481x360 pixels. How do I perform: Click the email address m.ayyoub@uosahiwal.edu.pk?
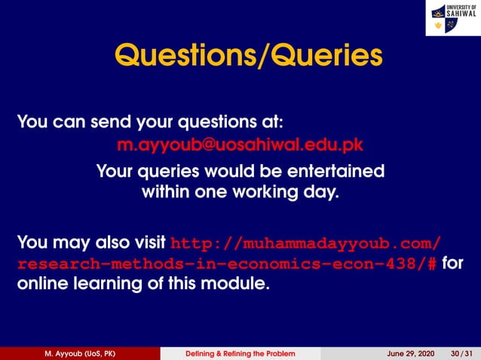[x=240, y=144]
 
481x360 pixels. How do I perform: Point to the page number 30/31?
[x=461, y=354]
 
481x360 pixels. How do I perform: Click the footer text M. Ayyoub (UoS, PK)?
[x=79, y=354]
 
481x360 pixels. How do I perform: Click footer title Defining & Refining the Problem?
[x=240, y=354]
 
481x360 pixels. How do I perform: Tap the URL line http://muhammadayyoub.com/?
[x=306, y=243]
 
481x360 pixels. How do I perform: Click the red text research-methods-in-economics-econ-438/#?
[x=227, y=264]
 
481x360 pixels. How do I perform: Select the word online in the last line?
[x=44, y=285]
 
